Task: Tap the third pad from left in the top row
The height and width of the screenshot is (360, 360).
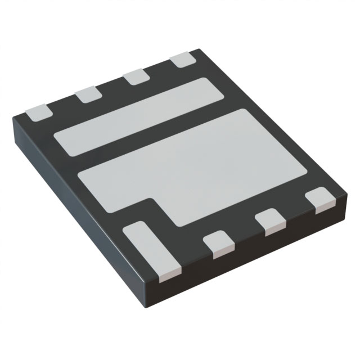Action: coord(135,76)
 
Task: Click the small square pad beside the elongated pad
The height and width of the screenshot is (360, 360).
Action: coord(218,243)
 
